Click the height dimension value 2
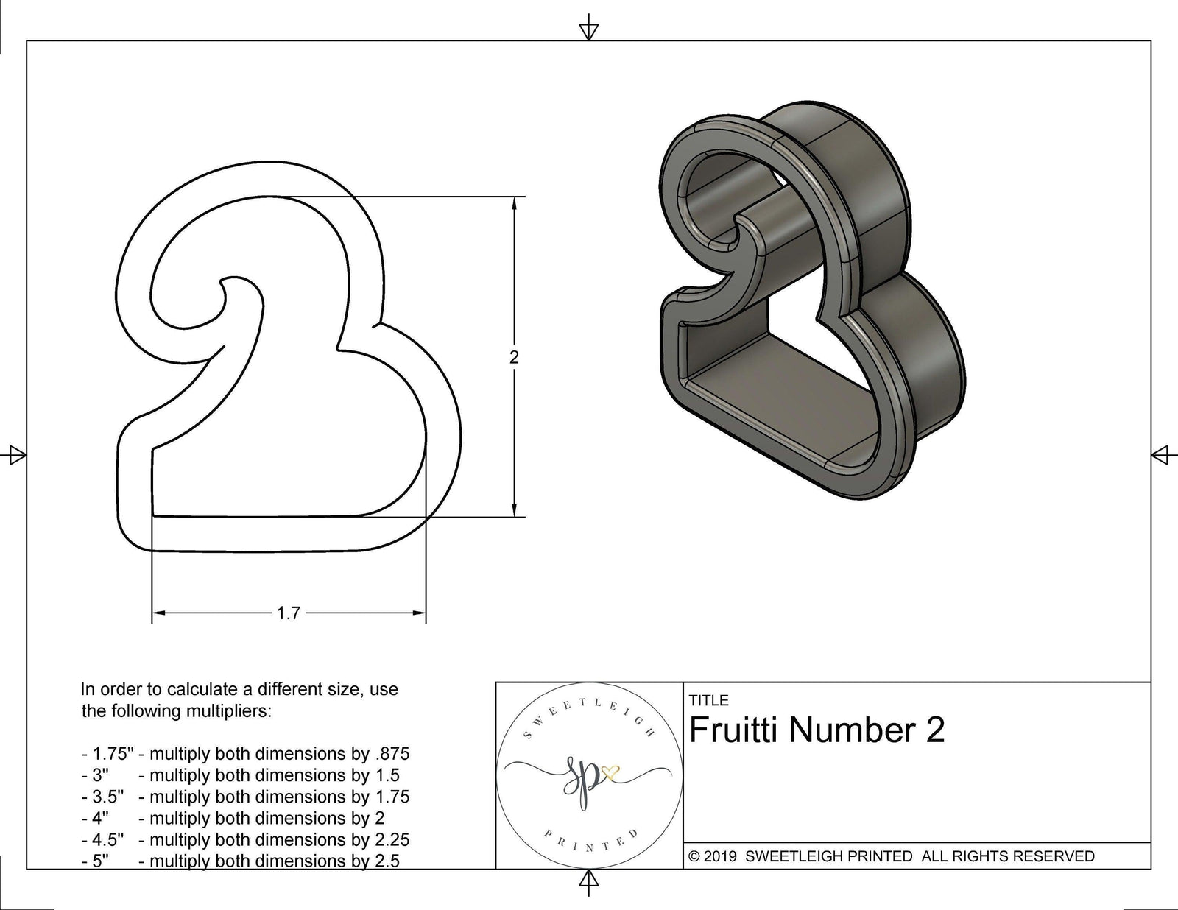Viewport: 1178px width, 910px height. [514, 357]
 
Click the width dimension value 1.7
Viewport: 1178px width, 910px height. [288, 613]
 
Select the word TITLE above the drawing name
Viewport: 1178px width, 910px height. [708, 700]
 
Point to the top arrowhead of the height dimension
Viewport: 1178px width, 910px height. [514, 203]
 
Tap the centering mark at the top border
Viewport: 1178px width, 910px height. [588, 30]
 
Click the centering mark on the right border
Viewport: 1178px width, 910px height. [1160, 454]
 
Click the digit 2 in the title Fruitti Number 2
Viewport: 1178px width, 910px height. [934, 730]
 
